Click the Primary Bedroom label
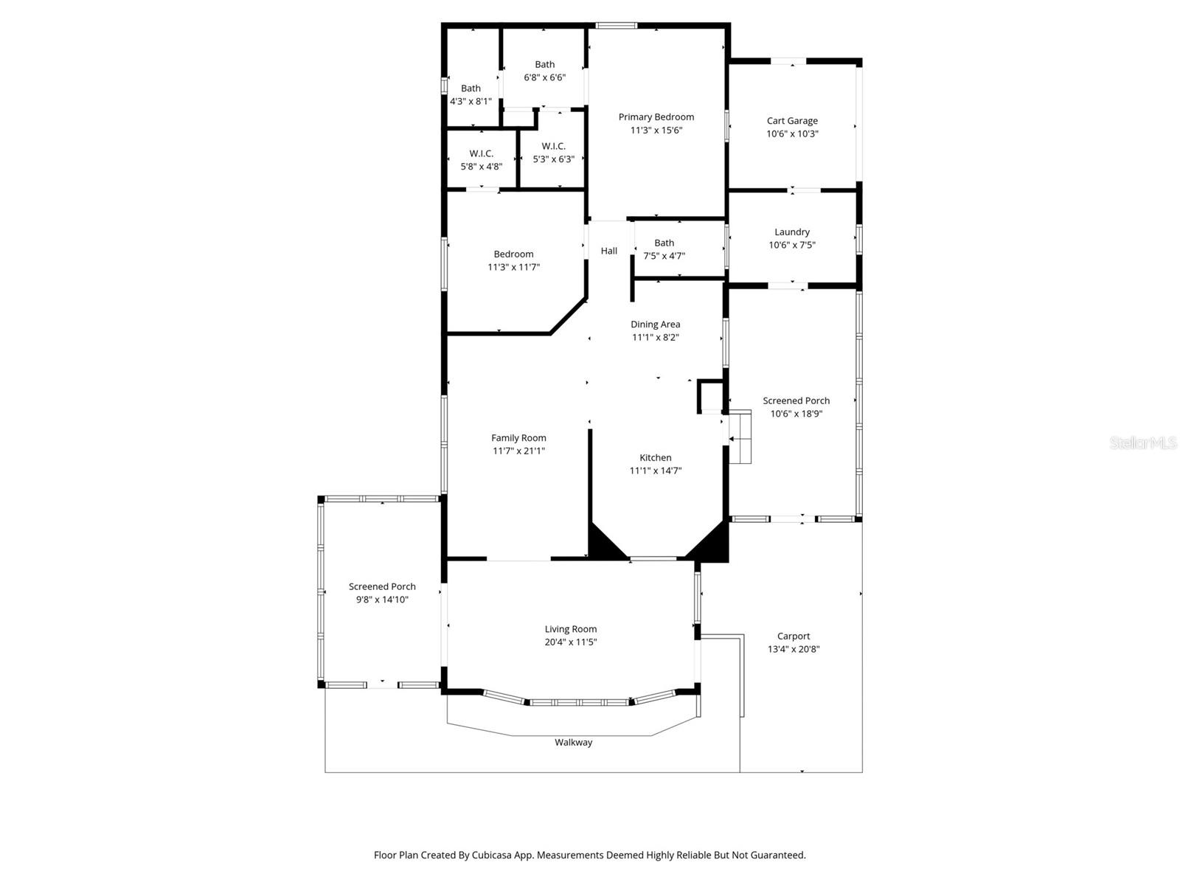(x=656, y=117)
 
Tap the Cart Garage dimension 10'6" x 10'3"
(x=792, y=134)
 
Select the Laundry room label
(x=792, y=232)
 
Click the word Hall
(x=608, y=251)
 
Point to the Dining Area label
(x=655, y=324)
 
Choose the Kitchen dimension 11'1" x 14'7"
(x=655, y=471)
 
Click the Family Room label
(x=518, y=438)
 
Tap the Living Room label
(x=570, y=629)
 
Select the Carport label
(x=793, y=636)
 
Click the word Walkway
(x=573, y=743)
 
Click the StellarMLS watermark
(x=1142, y=443)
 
